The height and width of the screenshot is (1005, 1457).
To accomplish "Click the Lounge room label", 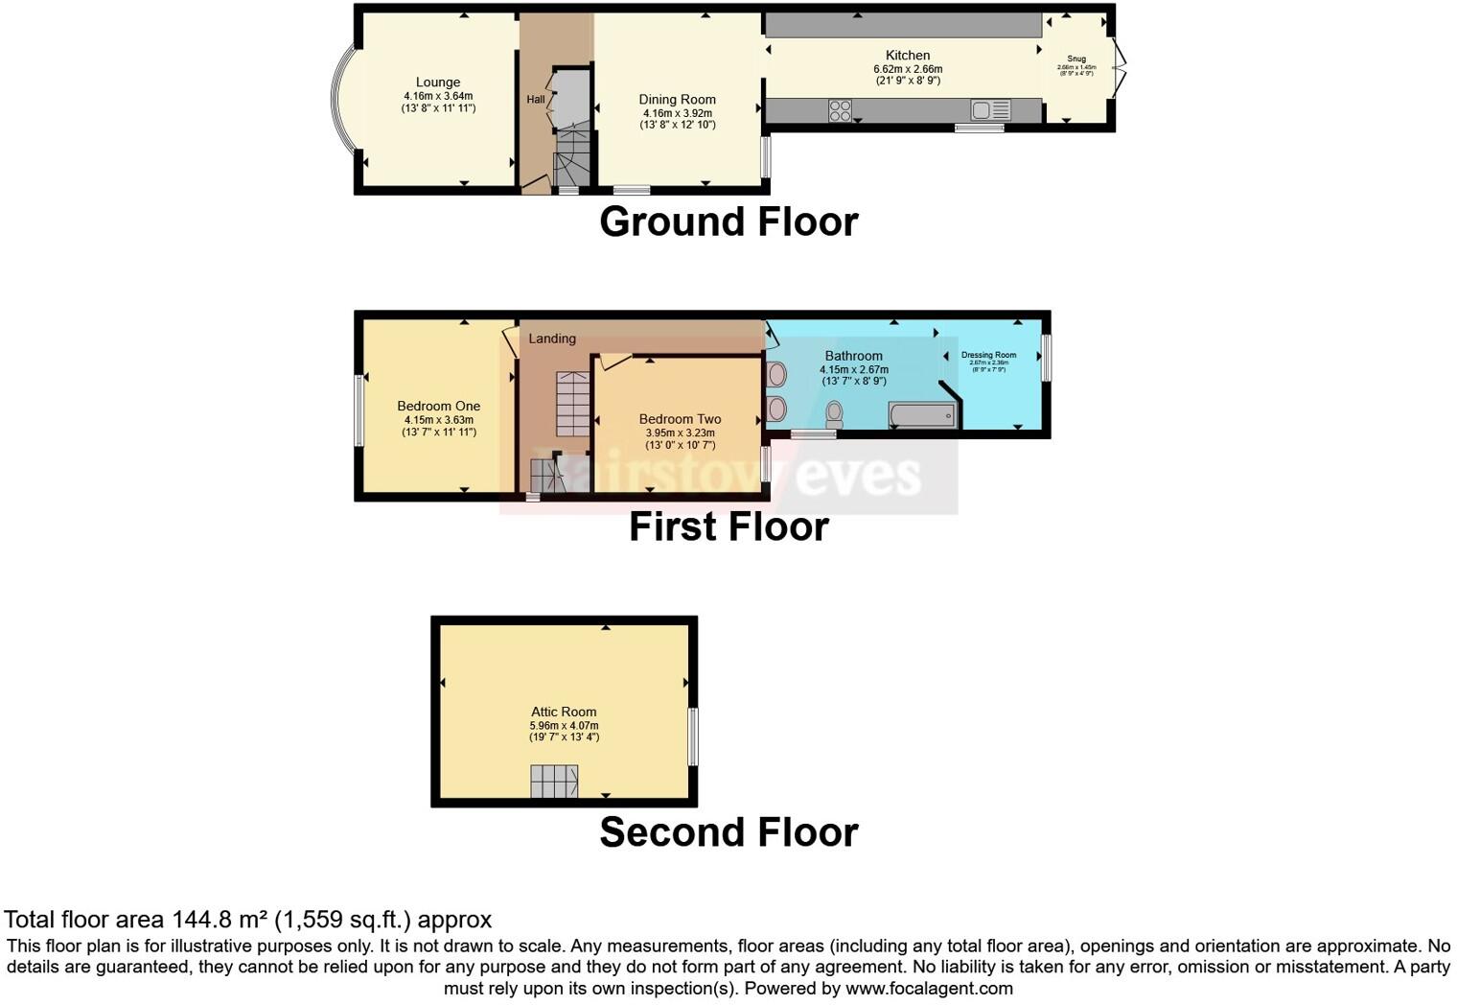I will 438,82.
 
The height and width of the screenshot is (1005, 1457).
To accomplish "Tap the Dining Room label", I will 677,100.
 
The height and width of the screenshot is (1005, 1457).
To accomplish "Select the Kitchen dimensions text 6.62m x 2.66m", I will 907,69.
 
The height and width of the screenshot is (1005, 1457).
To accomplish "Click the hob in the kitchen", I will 840,111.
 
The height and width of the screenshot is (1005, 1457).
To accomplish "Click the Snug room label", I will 1076,58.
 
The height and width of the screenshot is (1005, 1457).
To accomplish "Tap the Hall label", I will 535,100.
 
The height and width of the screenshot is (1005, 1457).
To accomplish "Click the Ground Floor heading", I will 728,222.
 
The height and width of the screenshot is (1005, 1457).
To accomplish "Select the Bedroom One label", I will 438,407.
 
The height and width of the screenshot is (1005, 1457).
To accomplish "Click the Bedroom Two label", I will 680,419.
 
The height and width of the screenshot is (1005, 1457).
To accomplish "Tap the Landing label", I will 552,339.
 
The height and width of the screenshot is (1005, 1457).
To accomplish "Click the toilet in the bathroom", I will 834,414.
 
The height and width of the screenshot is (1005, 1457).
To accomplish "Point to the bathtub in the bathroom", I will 922,415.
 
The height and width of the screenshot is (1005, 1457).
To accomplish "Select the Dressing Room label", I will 988,355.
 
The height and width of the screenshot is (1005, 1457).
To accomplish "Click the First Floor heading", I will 728,526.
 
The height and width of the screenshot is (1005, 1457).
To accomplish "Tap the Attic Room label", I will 564,712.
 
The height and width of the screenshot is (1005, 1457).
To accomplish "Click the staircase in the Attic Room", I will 554,782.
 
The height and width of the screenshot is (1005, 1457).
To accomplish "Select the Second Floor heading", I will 728,832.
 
